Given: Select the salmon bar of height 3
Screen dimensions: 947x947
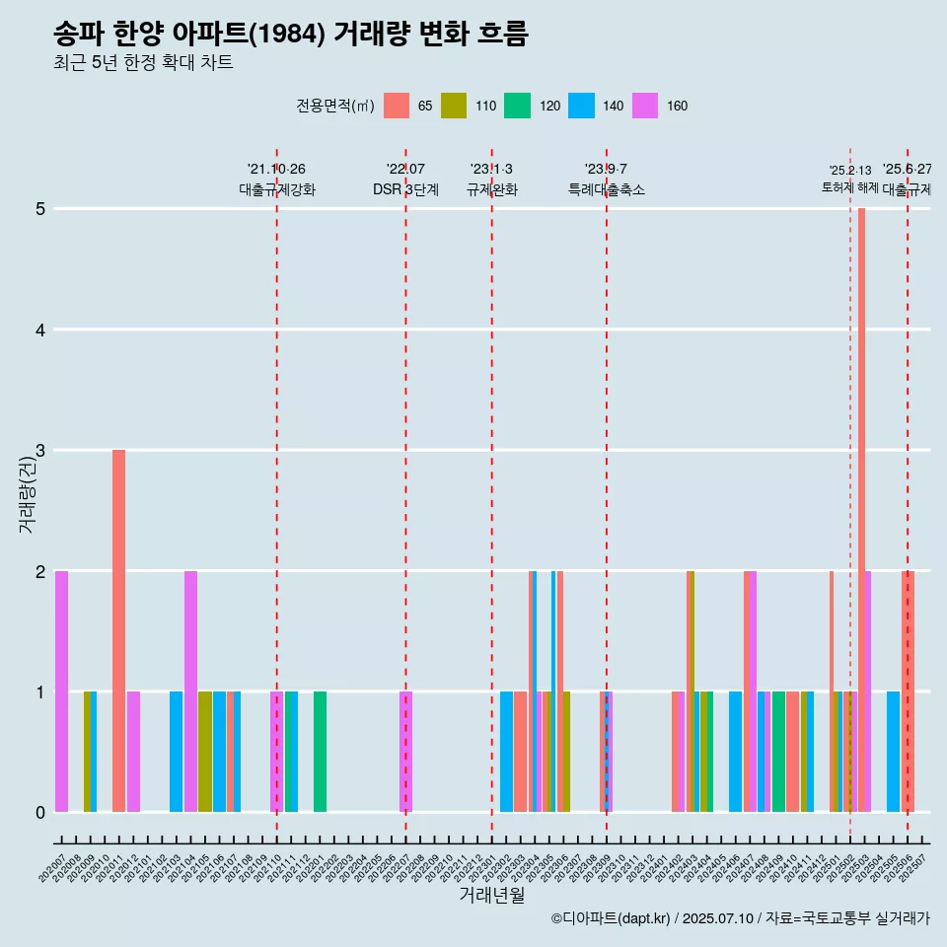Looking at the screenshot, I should point(118,631).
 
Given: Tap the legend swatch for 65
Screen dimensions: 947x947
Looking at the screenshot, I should point(397,106).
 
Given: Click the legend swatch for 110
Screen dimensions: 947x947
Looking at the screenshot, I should point(454,106).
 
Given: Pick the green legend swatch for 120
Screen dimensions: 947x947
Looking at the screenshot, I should point(517,106).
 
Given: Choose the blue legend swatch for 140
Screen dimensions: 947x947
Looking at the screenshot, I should point(581,106).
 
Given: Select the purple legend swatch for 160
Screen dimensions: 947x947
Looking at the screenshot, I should point(645,106).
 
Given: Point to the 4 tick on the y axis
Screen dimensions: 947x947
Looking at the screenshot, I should point(40,329).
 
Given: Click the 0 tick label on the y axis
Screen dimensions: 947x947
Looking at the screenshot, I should point(40,812).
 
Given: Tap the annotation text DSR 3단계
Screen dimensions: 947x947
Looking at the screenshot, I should point(405,189).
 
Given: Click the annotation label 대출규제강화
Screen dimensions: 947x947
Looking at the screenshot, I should point(276,189).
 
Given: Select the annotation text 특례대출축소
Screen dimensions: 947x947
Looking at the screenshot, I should point(606,189).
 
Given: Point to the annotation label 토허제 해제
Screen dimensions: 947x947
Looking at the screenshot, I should point(849,187).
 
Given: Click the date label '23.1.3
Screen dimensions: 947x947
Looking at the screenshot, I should point(491,170).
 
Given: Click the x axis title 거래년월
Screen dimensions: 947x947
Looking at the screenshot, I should point(491,895).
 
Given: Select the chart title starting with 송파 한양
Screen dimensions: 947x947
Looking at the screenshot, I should point(291,35).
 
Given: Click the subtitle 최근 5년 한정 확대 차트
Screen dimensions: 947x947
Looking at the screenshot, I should point(143,63).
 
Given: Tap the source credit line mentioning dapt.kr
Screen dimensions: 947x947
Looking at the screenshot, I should point(740,919).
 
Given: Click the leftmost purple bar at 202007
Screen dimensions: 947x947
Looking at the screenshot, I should point(61,691).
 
